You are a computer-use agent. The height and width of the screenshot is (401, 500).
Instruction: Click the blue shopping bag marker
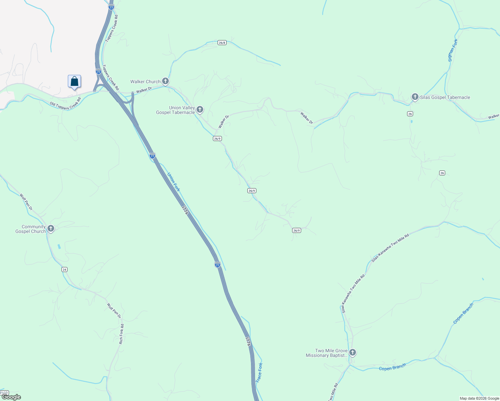point(74,82)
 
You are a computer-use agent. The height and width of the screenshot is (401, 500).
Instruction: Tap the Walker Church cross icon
point(165,81)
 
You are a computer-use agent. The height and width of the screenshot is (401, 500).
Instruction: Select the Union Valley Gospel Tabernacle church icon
point(200,110)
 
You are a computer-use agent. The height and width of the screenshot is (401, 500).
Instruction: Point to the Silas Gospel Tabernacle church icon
point(415,97)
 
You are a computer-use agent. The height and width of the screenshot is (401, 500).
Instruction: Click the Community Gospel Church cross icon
point(50,229)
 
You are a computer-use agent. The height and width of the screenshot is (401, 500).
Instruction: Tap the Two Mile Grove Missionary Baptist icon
point(352,353)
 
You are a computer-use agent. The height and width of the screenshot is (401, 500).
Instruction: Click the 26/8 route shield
point(222,42)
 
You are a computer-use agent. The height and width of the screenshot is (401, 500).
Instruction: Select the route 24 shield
point(65,269)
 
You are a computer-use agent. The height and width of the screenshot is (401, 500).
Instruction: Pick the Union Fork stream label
point(173,182)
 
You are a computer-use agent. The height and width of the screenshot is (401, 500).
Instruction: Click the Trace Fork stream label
point(259,373)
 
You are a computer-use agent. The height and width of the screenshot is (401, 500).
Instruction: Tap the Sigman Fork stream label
point(453,50)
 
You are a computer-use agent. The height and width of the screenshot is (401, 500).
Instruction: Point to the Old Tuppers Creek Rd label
point(65,104)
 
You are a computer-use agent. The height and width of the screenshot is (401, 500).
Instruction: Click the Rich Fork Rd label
point(121,334)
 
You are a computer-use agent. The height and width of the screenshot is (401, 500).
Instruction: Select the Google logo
point(11,397)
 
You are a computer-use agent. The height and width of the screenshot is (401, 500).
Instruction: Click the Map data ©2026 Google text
point(479,398)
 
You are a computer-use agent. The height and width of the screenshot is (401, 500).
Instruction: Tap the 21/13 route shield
point(4,393)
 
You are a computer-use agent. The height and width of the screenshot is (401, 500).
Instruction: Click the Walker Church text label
point(145,82)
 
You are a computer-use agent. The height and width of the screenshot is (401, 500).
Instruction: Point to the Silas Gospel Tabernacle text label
point(445,98)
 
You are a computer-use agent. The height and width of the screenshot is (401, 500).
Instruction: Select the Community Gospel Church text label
point(30,229)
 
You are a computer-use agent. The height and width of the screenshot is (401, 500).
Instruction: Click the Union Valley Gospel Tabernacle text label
point(175,110)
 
